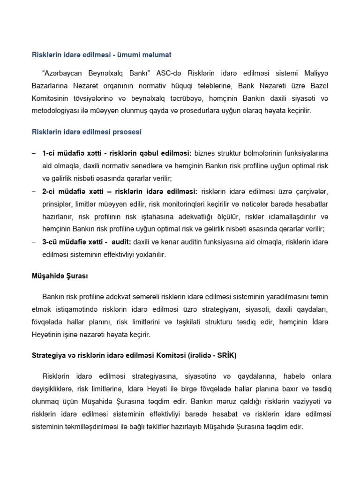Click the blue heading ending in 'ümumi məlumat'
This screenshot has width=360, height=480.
tap(101, 55)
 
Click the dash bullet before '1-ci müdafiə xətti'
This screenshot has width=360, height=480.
tap(33, 154)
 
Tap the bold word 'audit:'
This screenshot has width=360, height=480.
tap(121, 242)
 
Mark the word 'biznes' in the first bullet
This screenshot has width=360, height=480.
tap(204, 154)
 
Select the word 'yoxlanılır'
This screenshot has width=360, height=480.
tap(149, 255)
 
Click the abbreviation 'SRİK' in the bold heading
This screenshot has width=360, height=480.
tap(225, 355)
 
